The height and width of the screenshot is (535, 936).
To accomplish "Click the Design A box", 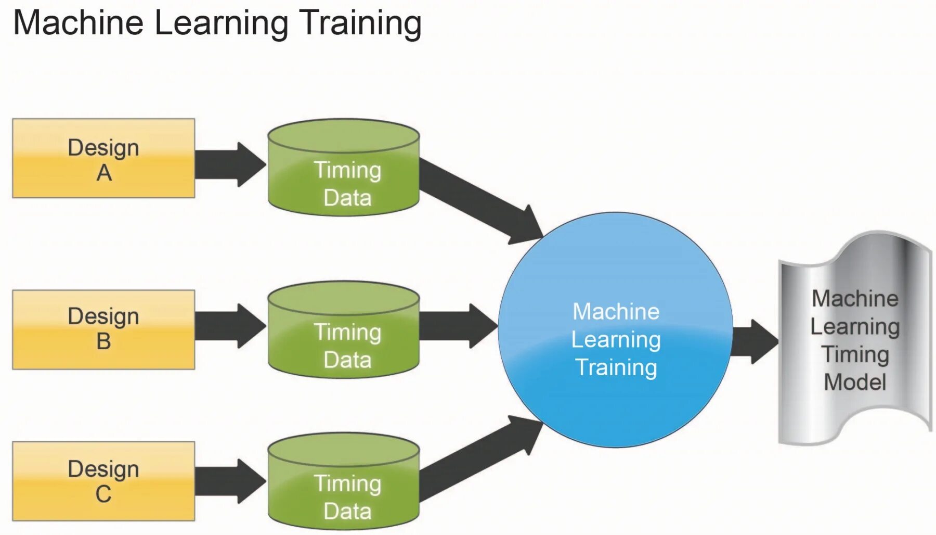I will [103, 158].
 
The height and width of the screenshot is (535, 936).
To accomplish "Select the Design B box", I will [103, 329].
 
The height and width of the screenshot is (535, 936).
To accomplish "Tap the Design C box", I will [103, 481].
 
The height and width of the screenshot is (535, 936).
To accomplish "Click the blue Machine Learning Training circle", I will [615, 329].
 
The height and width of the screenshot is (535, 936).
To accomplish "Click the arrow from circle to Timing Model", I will [755, 342].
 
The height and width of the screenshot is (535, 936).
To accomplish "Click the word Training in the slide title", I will [361, 23].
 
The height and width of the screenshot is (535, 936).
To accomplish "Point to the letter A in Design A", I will [104, 173].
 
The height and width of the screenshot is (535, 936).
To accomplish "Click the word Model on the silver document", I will [855, 383].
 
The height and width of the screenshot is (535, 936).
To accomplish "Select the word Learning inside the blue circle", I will [616, 340].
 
